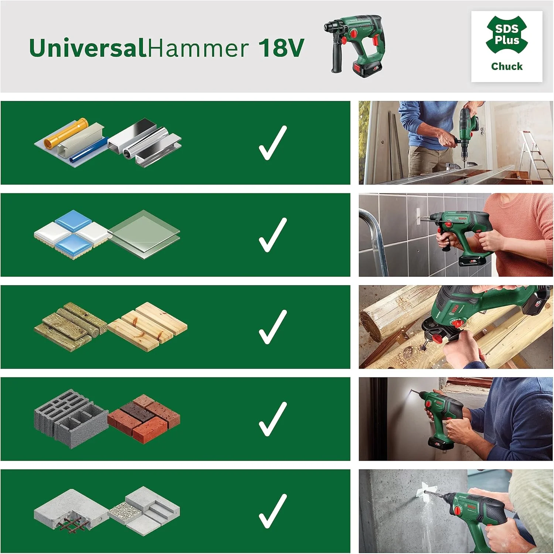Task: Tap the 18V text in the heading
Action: pos(281,48)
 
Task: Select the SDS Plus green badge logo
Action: pos(507,35)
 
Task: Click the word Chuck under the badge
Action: pos(507,66)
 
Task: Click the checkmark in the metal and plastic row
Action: pos(273,143)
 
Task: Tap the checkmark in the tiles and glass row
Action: pos(273,235)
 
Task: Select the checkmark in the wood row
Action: pos(273,327)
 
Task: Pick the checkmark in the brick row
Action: pos(273,419)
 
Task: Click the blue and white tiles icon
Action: pos(72,235)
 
